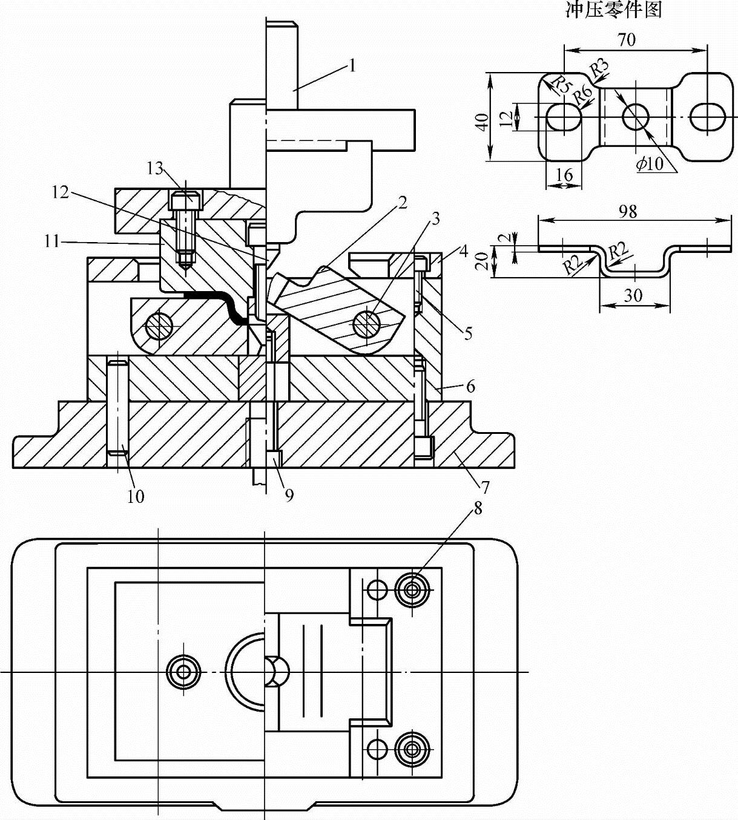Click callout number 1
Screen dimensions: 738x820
(351, 65)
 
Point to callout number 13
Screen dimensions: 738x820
(156, 168)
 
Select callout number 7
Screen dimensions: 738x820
(485, 487)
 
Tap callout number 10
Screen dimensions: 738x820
(136, 496)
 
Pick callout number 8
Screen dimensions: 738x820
(478, 508)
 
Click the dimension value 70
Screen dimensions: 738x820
(627, 40)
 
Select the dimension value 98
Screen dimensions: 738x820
(628, 211)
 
